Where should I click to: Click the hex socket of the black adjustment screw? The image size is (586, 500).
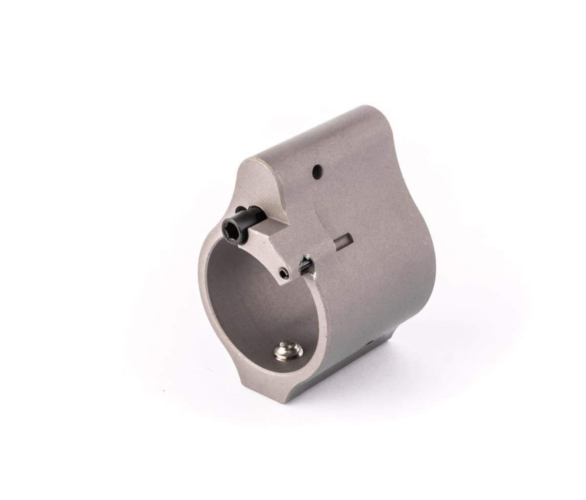click(229, 227)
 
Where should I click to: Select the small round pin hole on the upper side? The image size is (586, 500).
click(318, 171)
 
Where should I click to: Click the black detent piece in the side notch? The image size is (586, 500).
click(306, 265)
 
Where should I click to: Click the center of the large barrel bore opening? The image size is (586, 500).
click(254, 312)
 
